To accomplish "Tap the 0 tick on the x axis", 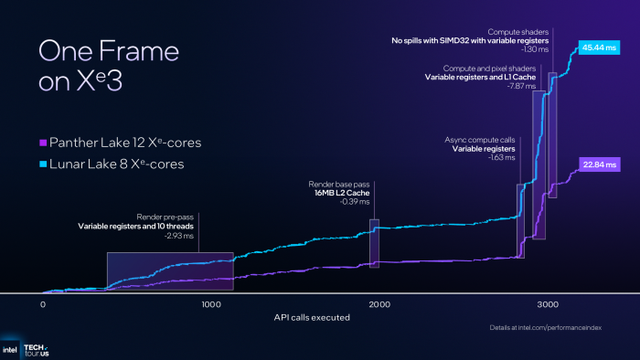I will pos(43,303).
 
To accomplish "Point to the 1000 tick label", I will pos(210,303).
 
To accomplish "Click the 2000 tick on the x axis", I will pos(379,303).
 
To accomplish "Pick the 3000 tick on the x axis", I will pos(548,303).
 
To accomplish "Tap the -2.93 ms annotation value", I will pos(178,236).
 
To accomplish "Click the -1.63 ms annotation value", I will pos(500,157).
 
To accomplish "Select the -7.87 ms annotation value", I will pos(515,88).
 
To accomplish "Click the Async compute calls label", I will pos(481,138).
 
